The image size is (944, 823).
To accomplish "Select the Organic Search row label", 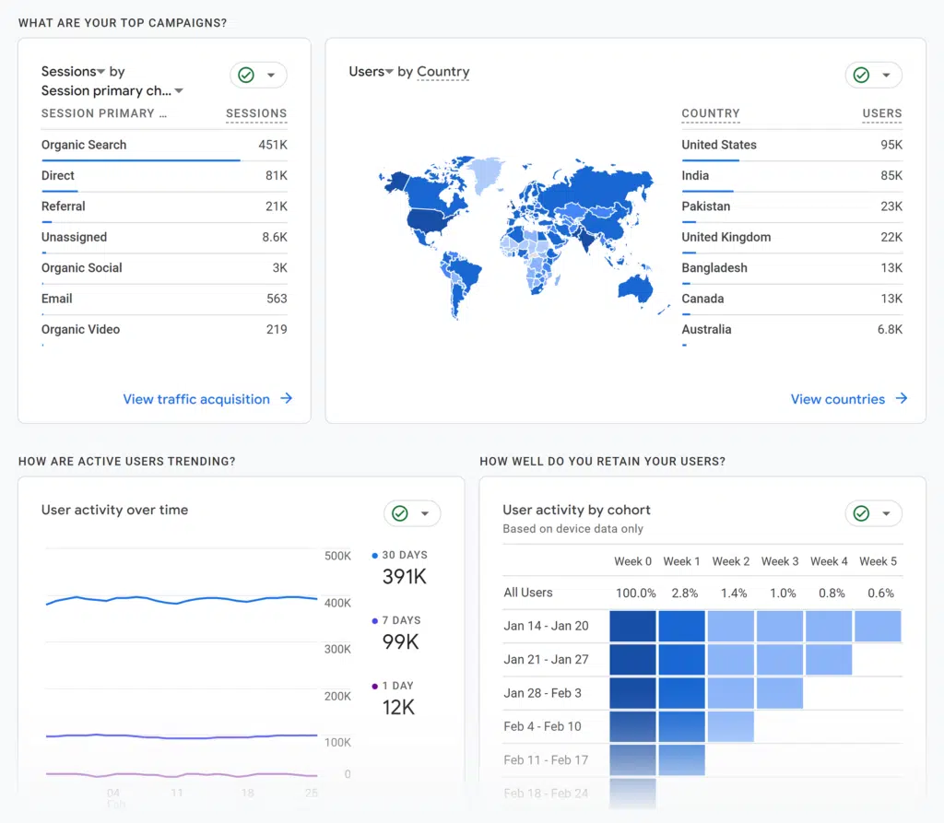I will coord(84,145).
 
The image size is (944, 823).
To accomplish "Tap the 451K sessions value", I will coord(273,145).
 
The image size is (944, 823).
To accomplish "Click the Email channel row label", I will coord(57,299).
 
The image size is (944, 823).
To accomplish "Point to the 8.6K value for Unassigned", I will coord(275,237).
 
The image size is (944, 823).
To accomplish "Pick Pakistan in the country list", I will coord(706,206).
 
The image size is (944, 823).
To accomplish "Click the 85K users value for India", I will coord(891,175).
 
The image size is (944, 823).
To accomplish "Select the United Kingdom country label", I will coord(726,237).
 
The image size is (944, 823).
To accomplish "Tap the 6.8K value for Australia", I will coord(890,329).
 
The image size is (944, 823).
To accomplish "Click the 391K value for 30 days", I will coord(404,577).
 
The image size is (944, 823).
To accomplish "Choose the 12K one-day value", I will coord(398,707).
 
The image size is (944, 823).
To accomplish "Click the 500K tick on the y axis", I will coord(337,556).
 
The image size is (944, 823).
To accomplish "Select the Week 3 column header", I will coord(781,561).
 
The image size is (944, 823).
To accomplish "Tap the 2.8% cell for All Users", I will coord(684,593).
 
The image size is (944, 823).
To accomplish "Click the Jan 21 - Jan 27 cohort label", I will coord(546,659).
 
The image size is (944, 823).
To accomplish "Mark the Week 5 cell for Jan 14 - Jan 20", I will coord(878,626).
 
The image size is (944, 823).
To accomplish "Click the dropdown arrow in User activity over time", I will coord(425,513).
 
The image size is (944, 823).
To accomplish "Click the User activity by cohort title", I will coord(576,510).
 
